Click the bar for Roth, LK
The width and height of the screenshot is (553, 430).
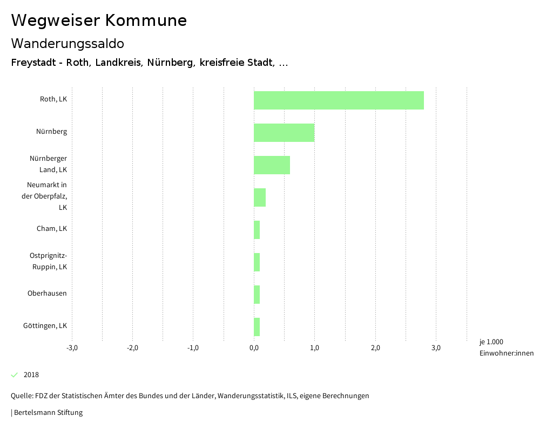[339, 100]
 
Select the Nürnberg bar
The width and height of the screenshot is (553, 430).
[284, 133]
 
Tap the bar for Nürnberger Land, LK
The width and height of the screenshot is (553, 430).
[272, 165]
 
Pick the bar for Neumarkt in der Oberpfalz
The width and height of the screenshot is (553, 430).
[260, 197]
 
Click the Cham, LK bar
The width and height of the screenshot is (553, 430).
[257, 230]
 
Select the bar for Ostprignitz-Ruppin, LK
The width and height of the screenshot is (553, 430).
[257, 262]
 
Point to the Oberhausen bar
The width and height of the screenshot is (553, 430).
[257, 295]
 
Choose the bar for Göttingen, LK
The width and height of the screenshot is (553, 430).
[257, 327]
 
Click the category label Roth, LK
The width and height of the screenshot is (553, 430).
[53, 99]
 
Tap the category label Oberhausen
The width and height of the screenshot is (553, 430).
[47, 294]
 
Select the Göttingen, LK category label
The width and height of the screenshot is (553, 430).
[45, 326]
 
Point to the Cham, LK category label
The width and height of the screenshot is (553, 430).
[52, 229]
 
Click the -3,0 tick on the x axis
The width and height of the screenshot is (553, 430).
[72, 348]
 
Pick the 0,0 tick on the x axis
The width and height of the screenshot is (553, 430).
[254, 348]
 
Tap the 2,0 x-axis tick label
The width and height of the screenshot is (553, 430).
[375, 348]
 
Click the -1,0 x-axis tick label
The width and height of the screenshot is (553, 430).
[193, 348]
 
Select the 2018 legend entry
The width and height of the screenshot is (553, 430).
[31, 375]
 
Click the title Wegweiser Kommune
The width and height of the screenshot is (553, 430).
[99, 21]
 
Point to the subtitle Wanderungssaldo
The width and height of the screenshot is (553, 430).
[68, 43]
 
